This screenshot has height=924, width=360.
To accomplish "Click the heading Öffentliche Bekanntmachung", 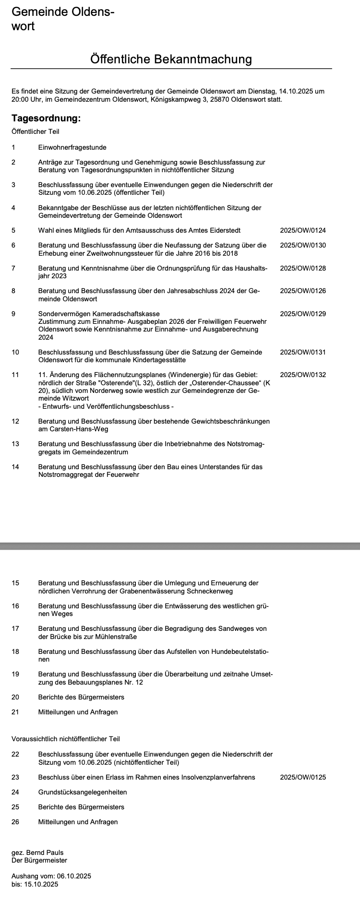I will click(x=171, y=59).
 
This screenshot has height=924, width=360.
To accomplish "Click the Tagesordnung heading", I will click(x=46, y=118).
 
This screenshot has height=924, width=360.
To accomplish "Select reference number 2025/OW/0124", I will click(x=302, y=230).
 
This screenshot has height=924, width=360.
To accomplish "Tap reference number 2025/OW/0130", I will click(x=302, y=245).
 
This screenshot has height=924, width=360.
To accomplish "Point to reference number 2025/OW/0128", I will click(x=302, y=268).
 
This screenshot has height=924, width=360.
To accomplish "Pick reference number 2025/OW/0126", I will click(x=302, y=291).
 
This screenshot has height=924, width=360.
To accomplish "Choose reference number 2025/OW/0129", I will click(x=302, y=314).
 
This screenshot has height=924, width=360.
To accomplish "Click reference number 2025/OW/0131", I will click(x=302, y=352).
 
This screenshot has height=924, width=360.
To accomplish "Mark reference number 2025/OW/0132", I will click(x=302, y=375).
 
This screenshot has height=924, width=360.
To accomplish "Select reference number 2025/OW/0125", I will click(x=302, y=777).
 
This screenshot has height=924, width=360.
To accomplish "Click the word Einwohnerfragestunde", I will click(x=72, y=147).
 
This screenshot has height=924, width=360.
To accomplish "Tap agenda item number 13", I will click(x=15, y=444).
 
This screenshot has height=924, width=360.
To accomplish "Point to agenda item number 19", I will click(x=15, y=674).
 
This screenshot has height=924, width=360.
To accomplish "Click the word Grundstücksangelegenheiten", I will click(x=83, y=792).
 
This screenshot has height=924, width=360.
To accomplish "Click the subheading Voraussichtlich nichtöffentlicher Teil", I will click(x=66, y=739).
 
